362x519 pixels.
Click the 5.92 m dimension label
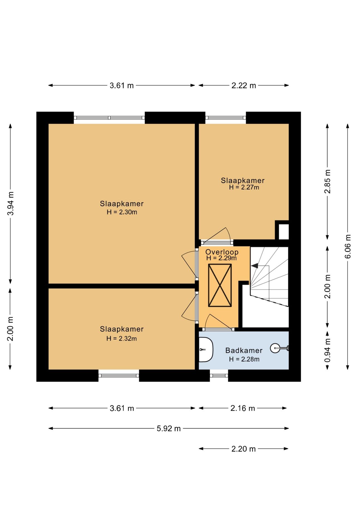point(169,428)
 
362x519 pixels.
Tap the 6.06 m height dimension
point(348,246)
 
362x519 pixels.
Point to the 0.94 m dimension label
point(327,350)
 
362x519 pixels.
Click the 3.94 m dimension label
point(11,204)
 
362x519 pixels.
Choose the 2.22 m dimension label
point(243,85)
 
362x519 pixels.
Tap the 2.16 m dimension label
point(243,408)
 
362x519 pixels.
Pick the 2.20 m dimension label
point(243,449)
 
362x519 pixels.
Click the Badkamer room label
point(244,350)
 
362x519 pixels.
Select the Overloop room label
point(222,252)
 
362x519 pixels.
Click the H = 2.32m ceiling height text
point(122,338)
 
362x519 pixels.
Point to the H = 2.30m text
point(122,212)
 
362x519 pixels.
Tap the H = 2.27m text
point(244,187)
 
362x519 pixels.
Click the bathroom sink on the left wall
point(206,350)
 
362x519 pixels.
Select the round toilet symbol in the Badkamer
point(275,348)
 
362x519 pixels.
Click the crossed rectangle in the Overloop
point(220,285)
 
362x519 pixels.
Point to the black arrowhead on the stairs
point(254,266)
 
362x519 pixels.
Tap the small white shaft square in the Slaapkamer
point(284,231)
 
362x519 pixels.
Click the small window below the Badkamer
point(219,376)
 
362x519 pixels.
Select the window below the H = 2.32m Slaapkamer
point(119,376)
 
